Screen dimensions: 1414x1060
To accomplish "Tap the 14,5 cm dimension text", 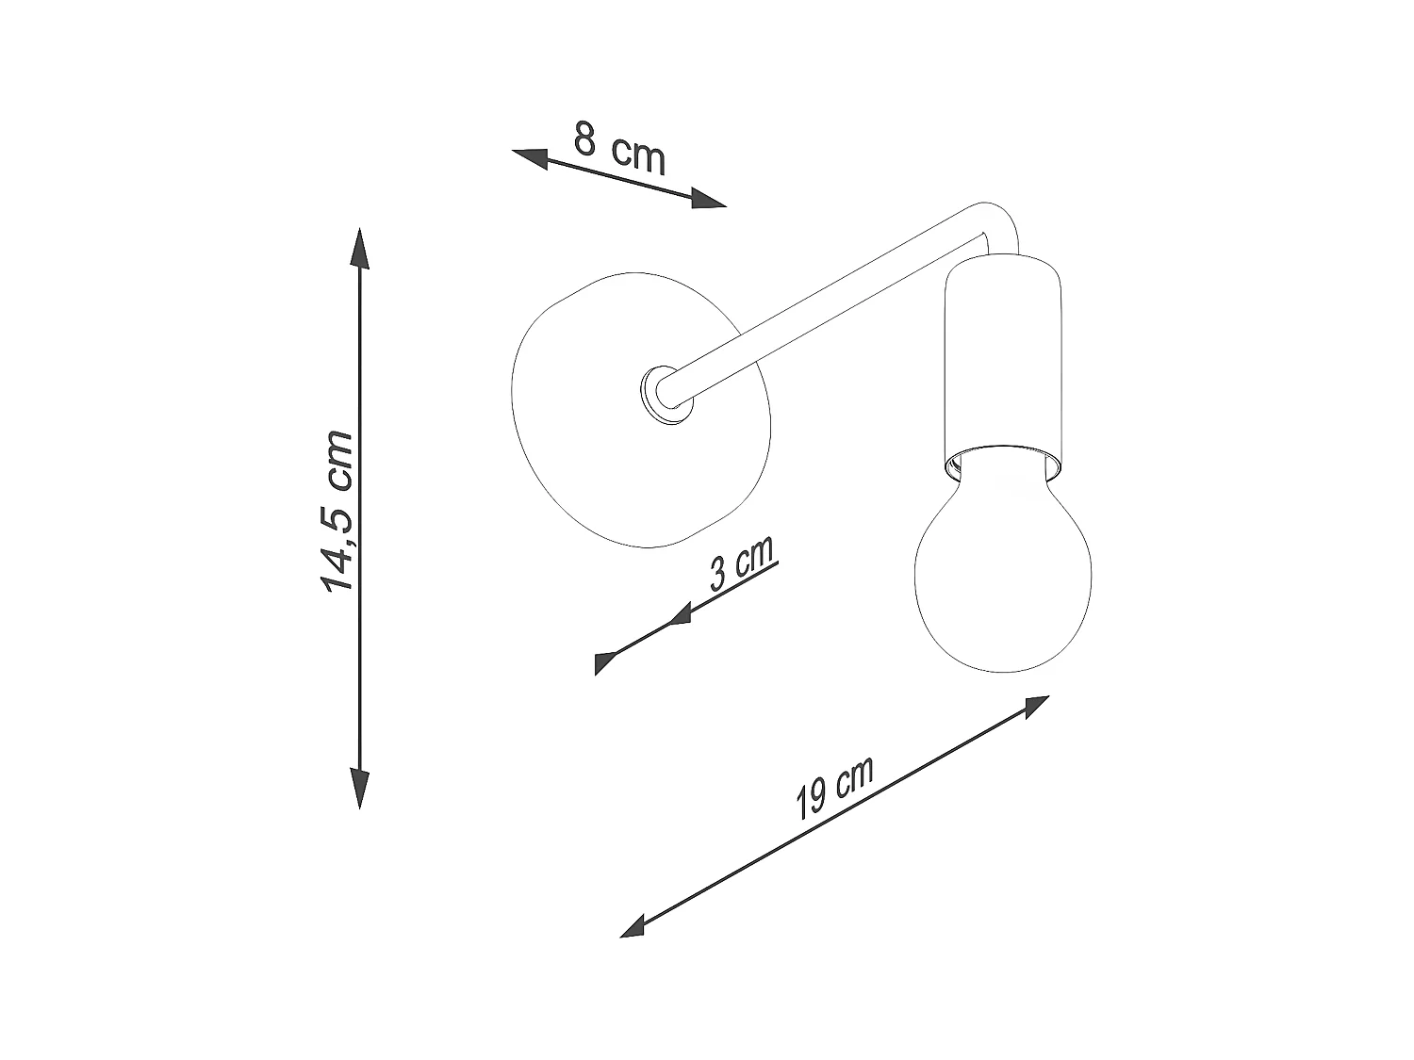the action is tap(337, 512).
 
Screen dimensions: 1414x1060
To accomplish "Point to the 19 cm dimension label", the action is tap(835, 788).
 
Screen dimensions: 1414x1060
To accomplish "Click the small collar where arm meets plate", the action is tap(666, 396).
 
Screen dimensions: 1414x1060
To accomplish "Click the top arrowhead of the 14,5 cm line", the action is tap(359, 249).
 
